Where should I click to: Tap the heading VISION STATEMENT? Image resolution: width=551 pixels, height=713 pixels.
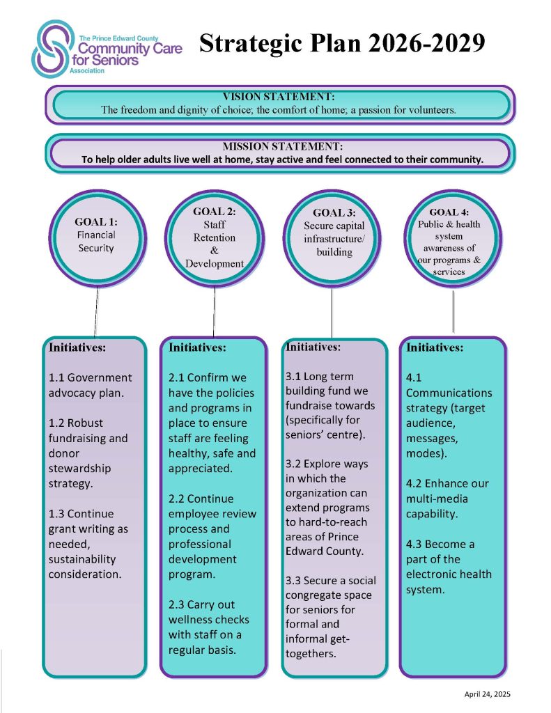[279, 96]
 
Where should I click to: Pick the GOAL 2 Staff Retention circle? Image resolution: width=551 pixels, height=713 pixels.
[214, 237]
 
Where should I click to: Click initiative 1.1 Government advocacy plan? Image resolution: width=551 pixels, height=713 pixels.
[90, 385]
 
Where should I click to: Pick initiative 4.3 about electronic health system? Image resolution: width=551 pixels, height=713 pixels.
[449, 566]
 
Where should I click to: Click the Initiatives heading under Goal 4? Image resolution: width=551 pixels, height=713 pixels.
[435, 347]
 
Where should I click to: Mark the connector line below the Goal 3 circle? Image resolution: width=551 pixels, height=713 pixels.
[332, 313]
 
